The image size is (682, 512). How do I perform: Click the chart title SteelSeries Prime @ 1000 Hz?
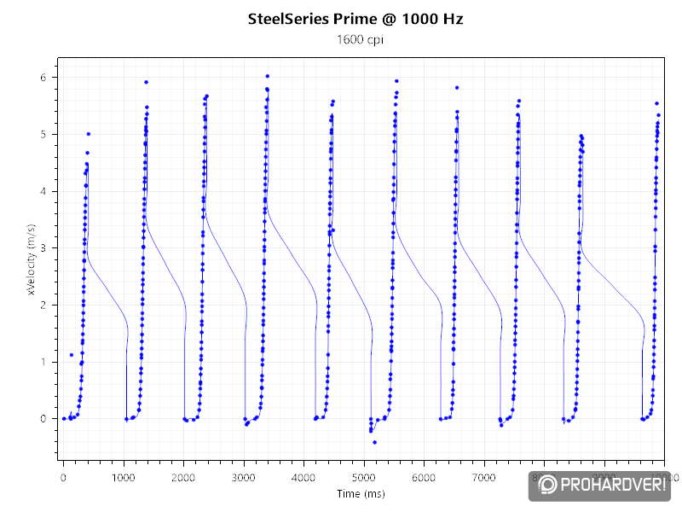click(x=355, y=18)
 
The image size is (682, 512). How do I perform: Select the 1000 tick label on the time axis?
click(x=124, y=476)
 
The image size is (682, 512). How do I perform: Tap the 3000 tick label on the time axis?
click(x=244, y=476)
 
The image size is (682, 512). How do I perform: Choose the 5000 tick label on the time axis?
click(x=364, y=476)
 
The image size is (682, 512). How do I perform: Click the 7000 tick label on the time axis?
click(x=484, y=476)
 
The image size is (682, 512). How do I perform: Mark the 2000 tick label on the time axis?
click(x=183, y=476)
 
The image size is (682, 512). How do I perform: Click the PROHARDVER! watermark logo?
click(x=601, y=486)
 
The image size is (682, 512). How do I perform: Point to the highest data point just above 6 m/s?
click(x=267, y=76)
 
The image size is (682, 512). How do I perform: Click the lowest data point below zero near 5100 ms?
click(x=374, y=442)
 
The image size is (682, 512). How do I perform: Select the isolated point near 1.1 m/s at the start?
click(x=71, y=355)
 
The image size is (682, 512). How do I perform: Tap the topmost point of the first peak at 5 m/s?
click(x=88, y=133)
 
